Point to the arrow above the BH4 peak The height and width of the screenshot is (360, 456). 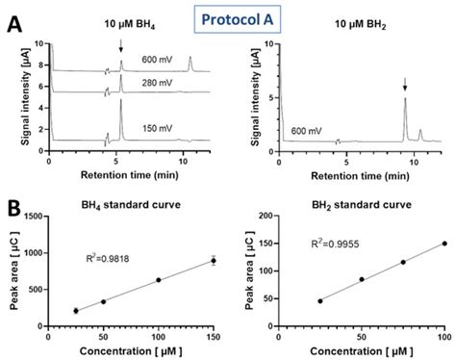coord(121,48)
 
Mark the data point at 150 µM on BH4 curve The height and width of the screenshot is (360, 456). coord(214,261)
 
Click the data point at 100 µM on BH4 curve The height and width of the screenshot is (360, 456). coord(158,280)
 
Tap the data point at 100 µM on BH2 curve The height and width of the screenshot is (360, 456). coord(443,244)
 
